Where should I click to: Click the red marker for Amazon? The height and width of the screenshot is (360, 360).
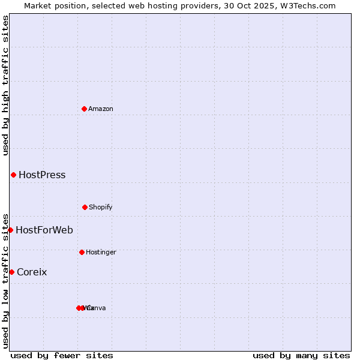click(85, 109)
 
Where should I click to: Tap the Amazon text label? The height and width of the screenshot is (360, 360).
click(101, 109)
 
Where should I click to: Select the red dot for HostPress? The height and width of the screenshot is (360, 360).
click(13, 175)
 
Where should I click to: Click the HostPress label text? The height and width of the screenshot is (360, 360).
click(42, 175)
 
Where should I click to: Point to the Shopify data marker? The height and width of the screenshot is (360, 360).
click(85, 207)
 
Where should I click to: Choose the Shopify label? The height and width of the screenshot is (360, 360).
click(101, 207)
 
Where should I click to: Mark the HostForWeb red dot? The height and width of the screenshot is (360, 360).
click(10, 230)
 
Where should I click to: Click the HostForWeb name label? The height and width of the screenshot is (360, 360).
click(44, 230)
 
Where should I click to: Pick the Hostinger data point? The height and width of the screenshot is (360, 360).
click(82, 252)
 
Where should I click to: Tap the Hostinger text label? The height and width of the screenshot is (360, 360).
click(101, 252)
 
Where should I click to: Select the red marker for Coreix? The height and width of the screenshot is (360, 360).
click(11, 272)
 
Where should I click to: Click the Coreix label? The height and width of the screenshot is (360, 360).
click(32, 272)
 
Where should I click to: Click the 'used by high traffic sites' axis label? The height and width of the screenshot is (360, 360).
click(5, 85)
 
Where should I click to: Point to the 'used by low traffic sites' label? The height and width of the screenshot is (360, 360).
click(5, 281)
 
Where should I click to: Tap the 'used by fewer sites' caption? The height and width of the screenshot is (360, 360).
click(62, 355)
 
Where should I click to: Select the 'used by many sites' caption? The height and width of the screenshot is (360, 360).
click(301, 355)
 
